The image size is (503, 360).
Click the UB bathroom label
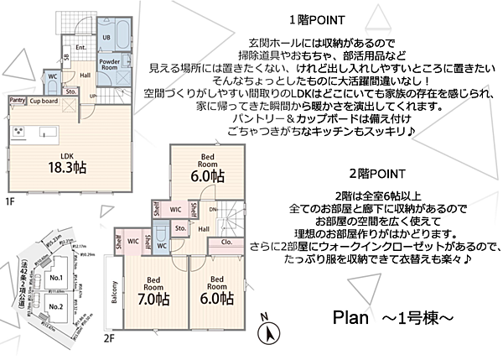tap(106, 38)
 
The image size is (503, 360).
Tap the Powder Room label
tap(109, 65)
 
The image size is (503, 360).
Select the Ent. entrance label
tap(81, 49)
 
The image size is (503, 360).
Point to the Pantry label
tap(16, 100)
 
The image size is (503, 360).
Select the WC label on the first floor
tap(52, 76)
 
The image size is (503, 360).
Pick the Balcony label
tap(113, 297)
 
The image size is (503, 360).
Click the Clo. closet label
tap(226, 243)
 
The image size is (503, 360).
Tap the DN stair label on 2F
tap(213, 209)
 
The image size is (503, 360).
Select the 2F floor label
tap(108, 338)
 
